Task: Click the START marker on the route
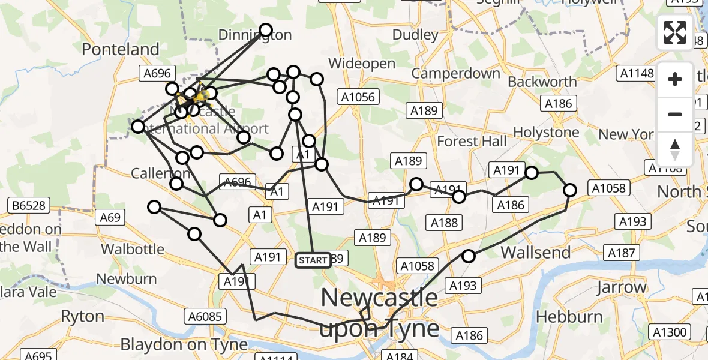[x=313, y=260]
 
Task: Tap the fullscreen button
[x=675, y=32]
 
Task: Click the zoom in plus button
[x=675, y=79]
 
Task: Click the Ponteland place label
[x=121, y=49]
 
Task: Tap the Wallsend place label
[x=536, y=252]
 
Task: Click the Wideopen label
[x=362, y=64]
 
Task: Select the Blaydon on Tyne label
[x=184, y=344]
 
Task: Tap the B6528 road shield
[x=28, y=206]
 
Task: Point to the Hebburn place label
[x=569, y=316]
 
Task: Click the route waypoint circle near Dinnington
[x=265, y=30]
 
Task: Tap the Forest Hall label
[x=472, y=142]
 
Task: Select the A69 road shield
[x=110, y=217]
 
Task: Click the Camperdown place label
[x=455, y=74]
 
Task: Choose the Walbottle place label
[x=133, y=248]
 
